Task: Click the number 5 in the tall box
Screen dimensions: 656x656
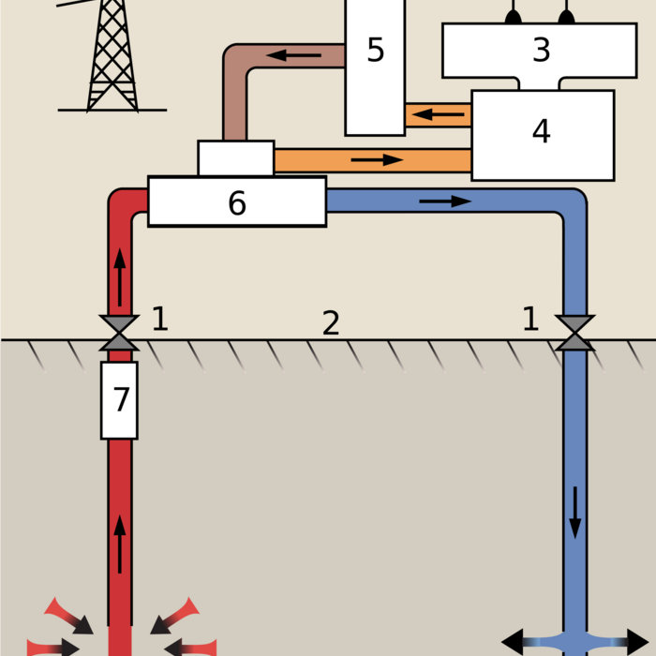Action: pyautogui.click(x=375, y=50)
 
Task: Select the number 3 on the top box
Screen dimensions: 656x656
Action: pyautogui.click(x=541, y=50)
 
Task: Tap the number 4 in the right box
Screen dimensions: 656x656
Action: pyautogui.click(x=541, y=131)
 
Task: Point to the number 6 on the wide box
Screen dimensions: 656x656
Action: pyautogui.click(x=236, y=202)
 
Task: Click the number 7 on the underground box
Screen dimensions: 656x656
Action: pyautogui.click(x=120, y=399)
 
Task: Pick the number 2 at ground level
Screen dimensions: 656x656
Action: pyautogui.click(x=330, y=323)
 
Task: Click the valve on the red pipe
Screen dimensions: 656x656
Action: pyautogui.click(x=120, y=334)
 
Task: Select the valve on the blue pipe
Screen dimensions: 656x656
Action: pyautogui.click(x=574, y=334)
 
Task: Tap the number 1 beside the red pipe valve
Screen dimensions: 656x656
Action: pyautogui.click(x=159, y=320)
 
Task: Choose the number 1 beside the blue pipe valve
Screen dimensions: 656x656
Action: pyautogui.click(x=530, y=320)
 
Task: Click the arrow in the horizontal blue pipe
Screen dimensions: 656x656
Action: pyautogui.click(x=445, y=201)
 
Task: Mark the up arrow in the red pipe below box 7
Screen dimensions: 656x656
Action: pyautogui.click(x=120, y=544)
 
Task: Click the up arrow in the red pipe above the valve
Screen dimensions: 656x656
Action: pyautogui.click(x=120, y=272)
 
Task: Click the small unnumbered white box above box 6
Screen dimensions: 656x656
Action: pyautogui.click(x=236, y=157)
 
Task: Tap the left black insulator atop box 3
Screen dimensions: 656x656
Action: pyautogui.click(x=513, y=16)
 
